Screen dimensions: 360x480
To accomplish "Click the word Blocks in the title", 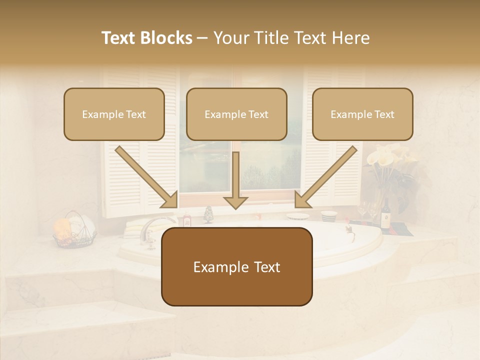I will pos(167,38).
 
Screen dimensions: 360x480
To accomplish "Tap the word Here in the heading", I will pos(352,38).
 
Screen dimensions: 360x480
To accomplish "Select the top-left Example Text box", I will pos(114,114).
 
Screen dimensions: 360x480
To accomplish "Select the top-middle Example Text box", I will pos(236,114).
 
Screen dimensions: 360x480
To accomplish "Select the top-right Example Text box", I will pos(362,114).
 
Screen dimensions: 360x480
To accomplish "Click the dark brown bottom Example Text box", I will pos(236,266).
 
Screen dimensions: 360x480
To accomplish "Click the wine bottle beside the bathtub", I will pos(386,215).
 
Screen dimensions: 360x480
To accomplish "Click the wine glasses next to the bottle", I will pos(368,210).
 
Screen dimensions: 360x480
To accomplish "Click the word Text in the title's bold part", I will pos(119,38).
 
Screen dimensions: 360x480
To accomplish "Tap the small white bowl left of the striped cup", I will pos(298,216).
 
